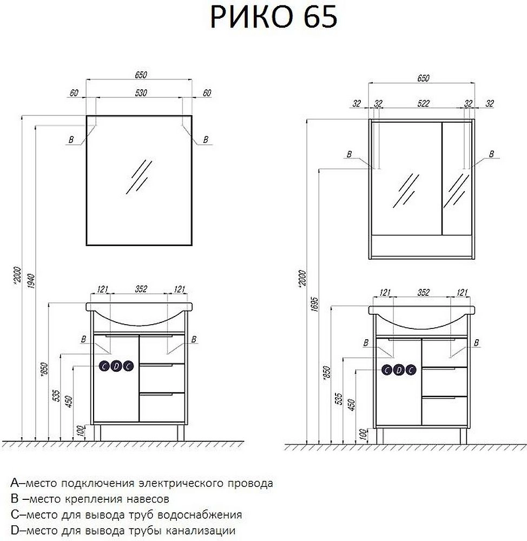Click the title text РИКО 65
tap(273, 17)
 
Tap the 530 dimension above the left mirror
tap(141, 93)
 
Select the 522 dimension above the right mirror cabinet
tap(423, 103)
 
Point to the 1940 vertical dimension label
tap(31, 281)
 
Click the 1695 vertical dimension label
tap(314, 304)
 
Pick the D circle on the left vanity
tap(116, 366)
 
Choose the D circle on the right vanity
tap(399, 370)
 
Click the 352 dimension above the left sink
tap(141, 289)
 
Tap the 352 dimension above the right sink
tap(424, 293)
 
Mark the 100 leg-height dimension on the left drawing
tap(80, 431)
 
